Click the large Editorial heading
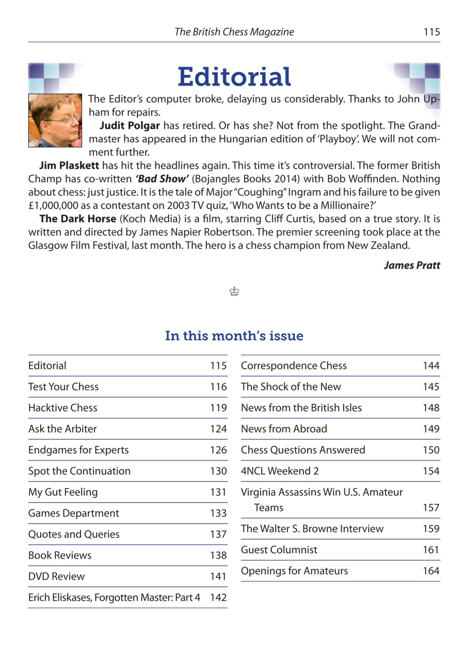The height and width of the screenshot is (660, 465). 234,77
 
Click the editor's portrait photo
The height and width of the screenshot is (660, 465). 55,120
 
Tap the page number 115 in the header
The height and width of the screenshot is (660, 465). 431,32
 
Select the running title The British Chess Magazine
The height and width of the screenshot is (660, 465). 234,32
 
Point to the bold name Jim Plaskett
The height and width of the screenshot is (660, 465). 69,166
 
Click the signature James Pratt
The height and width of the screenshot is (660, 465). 412,266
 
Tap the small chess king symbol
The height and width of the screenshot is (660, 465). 234,292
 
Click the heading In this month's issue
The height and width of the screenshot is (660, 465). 234,336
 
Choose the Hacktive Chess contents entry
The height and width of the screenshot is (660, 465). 62,408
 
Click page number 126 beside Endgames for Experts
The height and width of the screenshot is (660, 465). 218,450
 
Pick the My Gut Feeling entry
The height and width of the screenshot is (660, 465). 62,492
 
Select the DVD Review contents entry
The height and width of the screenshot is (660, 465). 56,576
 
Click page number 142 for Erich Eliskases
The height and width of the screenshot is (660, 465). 218,598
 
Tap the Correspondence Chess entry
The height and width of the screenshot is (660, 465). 294,366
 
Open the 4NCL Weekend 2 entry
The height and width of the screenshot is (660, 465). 275,471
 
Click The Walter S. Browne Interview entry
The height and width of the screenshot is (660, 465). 312,529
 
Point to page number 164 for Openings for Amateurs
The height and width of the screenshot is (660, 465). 431,571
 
